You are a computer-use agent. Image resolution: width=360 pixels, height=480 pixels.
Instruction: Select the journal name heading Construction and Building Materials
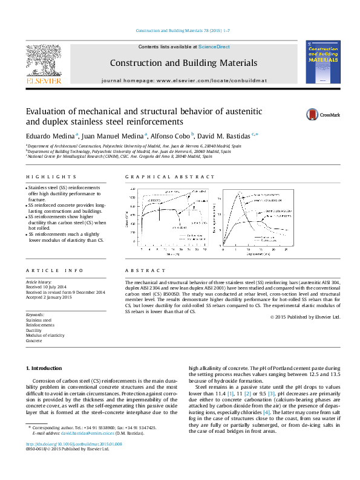[x=183, y=63]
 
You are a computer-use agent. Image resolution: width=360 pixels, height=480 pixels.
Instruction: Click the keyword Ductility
[x=33, y=331]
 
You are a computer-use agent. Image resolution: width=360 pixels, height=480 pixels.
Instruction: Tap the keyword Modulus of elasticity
[x=45, y=336]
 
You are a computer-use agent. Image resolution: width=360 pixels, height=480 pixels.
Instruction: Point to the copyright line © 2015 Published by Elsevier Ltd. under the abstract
[x=305, y=317]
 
